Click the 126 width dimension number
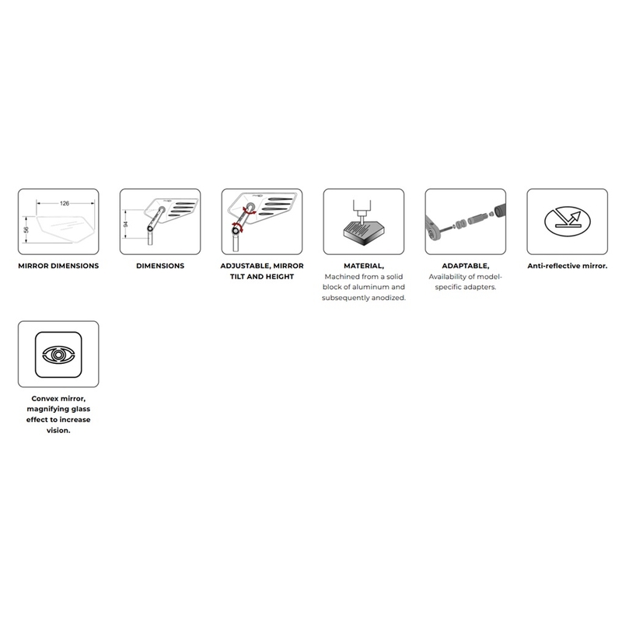(65, 204)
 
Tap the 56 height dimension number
(26, 229)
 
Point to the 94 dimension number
(126, 224)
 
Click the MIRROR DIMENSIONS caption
(58, 266)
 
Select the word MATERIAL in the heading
(362, 266)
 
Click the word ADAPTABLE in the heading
(464, 266)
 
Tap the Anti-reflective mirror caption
(568, 266)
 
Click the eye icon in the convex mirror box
(58, 355)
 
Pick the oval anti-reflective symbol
(568, 222)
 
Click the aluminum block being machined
(364, 234)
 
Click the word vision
(58, 431)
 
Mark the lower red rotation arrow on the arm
(237, 229)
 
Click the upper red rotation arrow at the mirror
(250, 211)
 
